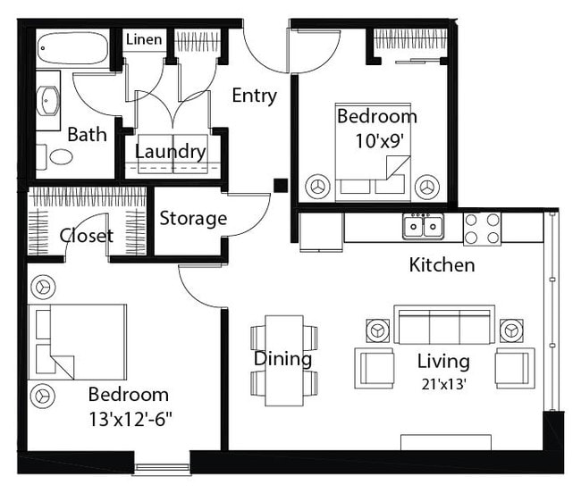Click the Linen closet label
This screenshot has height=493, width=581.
pos(144,39)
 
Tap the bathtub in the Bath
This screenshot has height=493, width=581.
pos(73,48)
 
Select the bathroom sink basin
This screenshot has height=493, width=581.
pos(47,100)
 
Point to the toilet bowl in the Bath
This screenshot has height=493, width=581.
pos(61,157)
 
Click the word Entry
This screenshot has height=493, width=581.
pos(254,96)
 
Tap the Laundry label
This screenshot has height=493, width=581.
pos(170,151)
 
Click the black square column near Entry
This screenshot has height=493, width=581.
pos(281,186)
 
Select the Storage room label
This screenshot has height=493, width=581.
pos(193,219)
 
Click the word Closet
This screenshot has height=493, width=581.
pos(87,236)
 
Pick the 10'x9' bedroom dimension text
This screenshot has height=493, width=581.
pos(379,140)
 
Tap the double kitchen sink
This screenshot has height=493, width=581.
pos(423,225)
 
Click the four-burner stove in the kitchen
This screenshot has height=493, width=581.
pos(482,229)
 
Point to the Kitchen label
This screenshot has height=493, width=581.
pos(442,265)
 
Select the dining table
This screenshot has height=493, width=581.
pos(284,361)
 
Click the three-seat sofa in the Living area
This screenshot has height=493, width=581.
pos(444,325)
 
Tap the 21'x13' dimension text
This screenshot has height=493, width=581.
pos(443,385)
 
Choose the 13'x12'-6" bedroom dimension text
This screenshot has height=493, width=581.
pos(131,420)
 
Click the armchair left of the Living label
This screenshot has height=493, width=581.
pos(375,368)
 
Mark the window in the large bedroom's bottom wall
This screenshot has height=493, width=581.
pos(162,469)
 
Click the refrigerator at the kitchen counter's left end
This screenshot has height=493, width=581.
pos(321,232)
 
